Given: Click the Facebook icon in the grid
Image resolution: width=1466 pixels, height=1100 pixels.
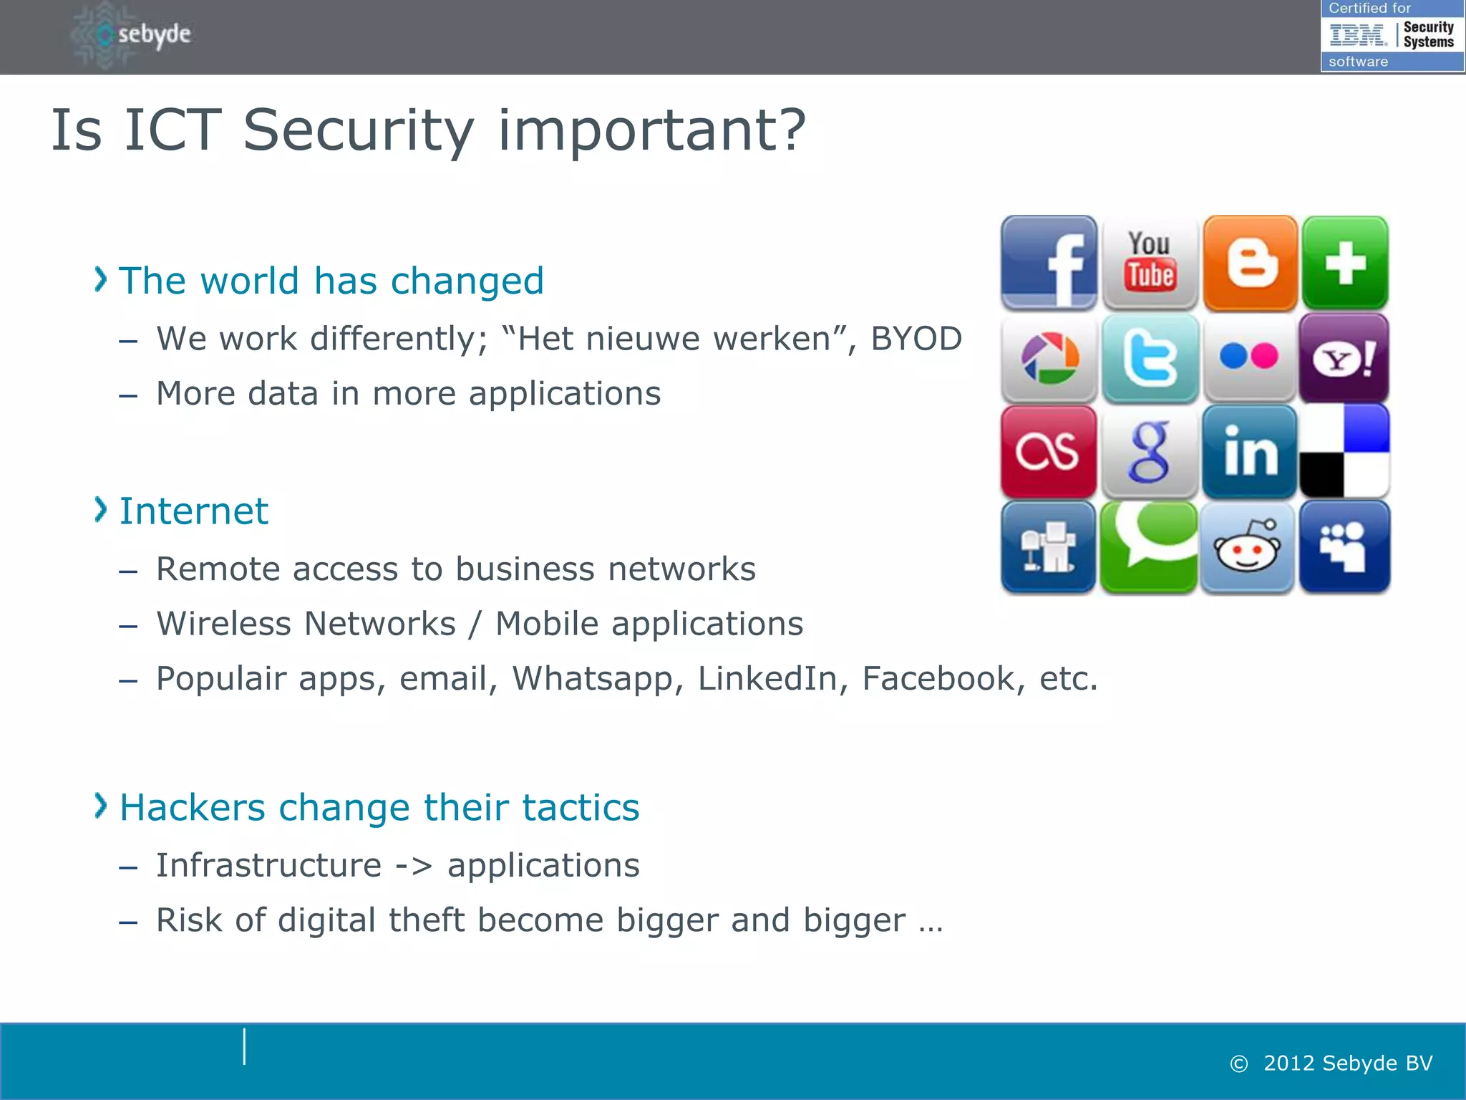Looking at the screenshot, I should click(x=1049, y=263).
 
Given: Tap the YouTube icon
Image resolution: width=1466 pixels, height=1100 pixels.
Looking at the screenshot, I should click(x=1150, y=263).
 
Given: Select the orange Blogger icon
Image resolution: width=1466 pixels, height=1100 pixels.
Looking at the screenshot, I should click(x=1250, y=263).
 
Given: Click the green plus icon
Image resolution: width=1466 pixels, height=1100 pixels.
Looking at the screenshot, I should click(x=1345, y=263).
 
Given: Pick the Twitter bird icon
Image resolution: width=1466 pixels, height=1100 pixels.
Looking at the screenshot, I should click(x=1150, y=357).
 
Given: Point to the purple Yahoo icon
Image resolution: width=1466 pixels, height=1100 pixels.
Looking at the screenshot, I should click(x=1344, y=357).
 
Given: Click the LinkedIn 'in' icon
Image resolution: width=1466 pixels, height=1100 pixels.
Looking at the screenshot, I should click(x=1250, y=452).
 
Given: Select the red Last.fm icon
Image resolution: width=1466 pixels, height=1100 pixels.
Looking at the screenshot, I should click(x=1049, y=452).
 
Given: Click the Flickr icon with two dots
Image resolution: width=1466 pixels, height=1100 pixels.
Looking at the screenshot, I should click(x=1250, y=357).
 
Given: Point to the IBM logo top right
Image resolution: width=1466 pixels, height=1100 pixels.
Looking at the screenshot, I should click(x=1357, y=34).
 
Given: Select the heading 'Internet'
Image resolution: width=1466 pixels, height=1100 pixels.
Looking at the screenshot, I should click(x=193, y=511).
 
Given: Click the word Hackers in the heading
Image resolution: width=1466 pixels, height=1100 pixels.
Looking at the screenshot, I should click(x=192, y=808).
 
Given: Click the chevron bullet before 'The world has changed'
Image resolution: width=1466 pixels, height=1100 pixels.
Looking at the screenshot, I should click(x=101, y=279).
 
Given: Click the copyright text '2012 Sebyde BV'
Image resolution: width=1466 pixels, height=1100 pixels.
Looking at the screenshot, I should click(x=1347, y=1063).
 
